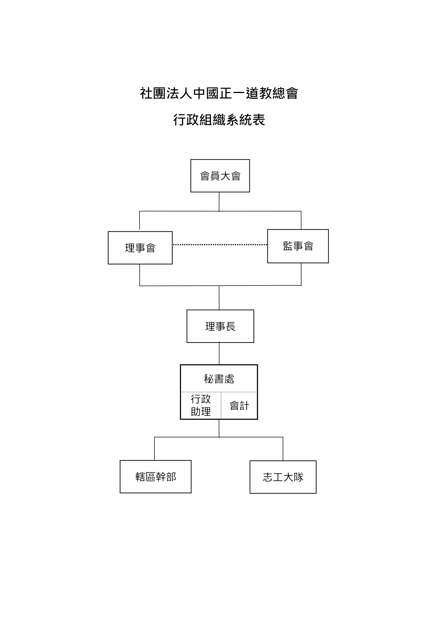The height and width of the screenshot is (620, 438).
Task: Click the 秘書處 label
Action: point(219,379)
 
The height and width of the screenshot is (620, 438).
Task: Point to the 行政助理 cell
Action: point(201,405)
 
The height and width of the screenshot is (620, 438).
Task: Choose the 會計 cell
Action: point(239,405)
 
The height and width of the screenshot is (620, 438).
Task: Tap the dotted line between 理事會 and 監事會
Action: point(220,245)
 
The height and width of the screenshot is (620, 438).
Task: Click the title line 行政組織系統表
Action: point(219,120)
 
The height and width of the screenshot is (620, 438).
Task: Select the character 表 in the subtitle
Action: point(259,120)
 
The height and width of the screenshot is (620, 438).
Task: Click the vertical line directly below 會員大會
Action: point(219,202)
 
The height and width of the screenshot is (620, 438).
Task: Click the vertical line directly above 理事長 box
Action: point(219,298)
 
